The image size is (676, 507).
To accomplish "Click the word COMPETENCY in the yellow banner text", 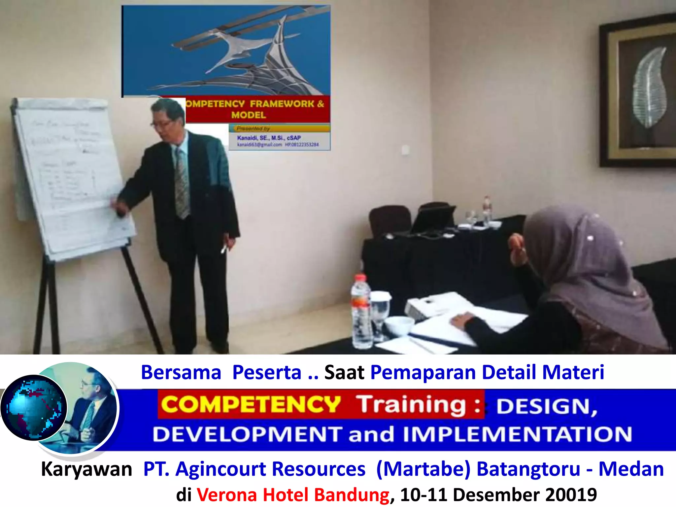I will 251,404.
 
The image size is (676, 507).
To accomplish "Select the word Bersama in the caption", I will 181,372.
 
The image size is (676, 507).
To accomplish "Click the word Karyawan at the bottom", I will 86,469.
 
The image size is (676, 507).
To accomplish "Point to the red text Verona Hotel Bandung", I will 293,494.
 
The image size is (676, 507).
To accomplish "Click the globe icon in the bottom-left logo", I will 34,408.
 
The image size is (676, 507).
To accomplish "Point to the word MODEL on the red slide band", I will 248,115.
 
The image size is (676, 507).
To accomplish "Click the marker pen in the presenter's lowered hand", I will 224,249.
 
